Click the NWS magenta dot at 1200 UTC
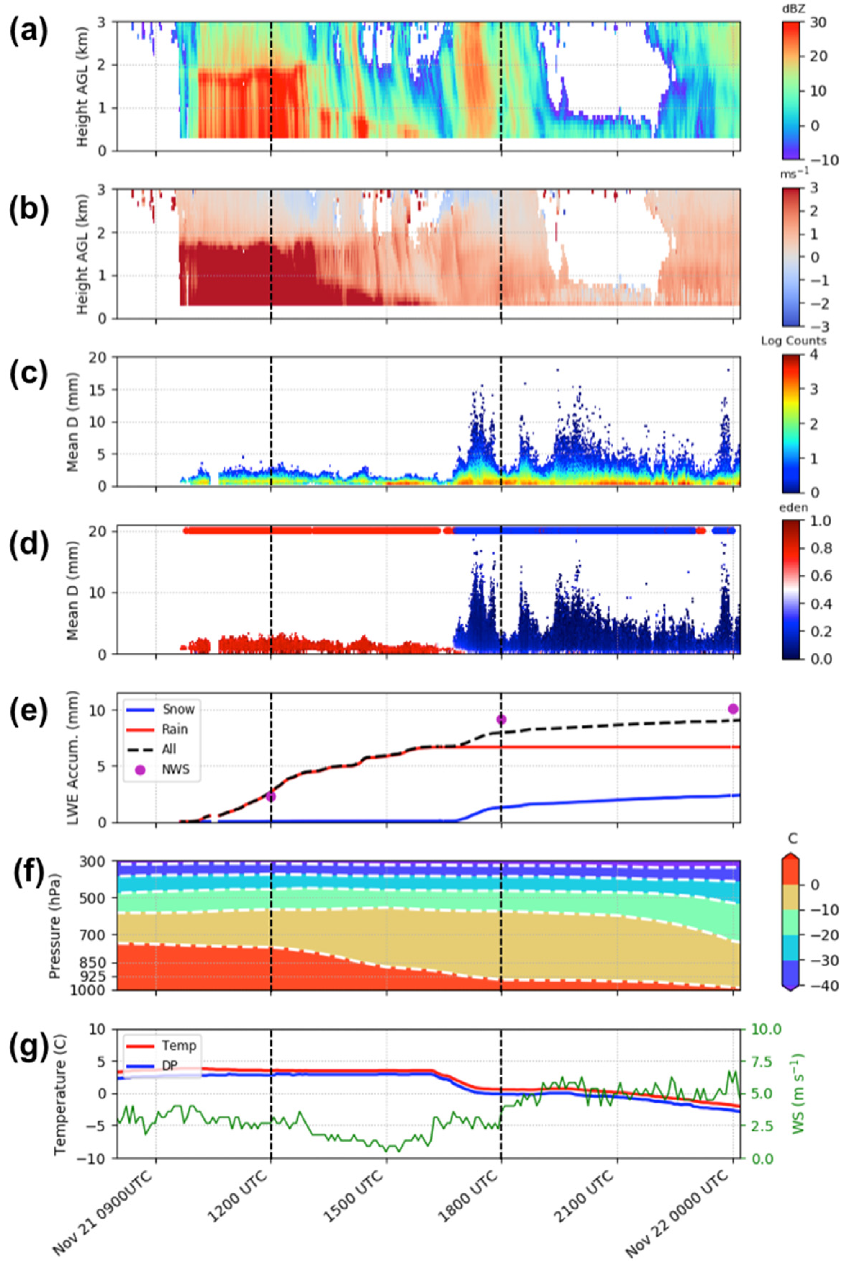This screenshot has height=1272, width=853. pos(271,797)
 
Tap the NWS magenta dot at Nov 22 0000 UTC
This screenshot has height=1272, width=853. pos(733,708)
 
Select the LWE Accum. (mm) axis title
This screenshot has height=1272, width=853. pos(72,757)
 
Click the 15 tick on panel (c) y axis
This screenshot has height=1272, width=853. pos(101,389)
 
